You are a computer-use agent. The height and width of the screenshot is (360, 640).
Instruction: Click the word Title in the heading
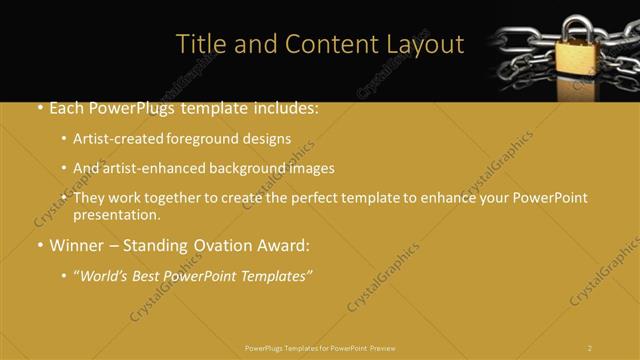tap(198, 45)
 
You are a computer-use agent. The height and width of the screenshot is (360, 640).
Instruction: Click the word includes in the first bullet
tap(284, 108)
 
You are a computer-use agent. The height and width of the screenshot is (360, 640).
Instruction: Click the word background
tap(250, 168)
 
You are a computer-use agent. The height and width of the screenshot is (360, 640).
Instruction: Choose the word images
tap(310, 168)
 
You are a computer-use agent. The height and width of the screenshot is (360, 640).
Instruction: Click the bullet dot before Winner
tap(39, 245)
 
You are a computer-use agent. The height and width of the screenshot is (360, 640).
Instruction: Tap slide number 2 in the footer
tap(590, 347)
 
